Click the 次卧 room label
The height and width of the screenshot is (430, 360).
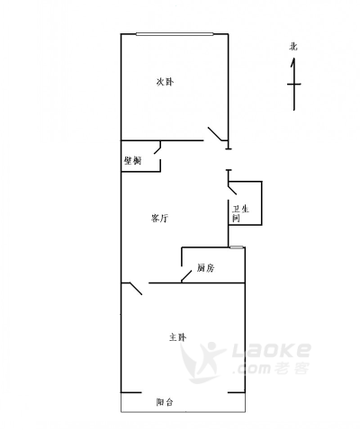(165, 82)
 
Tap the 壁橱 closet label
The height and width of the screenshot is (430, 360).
(132, 161)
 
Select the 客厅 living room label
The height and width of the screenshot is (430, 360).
(159, 218)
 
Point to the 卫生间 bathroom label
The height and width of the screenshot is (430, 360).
(240, 213)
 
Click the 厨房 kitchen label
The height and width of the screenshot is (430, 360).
(206, 268)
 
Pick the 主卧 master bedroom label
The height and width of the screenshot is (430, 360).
(177, 337)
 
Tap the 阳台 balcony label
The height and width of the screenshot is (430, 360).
(165, 402)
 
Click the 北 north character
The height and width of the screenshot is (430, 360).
(293, 47)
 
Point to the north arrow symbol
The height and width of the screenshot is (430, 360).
(294, 85)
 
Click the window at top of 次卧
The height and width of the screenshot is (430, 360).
(175, 34)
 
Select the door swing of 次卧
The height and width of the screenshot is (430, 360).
(217, 134)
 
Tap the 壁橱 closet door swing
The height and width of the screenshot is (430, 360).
(157, 148)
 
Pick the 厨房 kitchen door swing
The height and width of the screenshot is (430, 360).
(186, 276)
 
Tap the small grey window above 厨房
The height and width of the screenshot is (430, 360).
(237, 247)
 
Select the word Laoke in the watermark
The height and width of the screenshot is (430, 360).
(272, 351)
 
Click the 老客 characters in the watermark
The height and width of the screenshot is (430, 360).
(292, 368)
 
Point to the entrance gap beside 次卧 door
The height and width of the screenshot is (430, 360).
(229, 159)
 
